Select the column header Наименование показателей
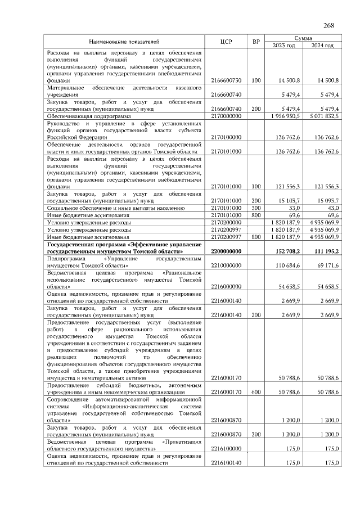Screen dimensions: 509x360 (x=124, y=42)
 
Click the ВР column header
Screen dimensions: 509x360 (x=256, y=42)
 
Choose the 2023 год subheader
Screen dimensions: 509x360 (x=283, y=46)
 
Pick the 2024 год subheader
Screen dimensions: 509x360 (x=322, y=46)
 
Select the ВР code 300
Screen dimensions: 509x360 (x=256, y=208)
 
